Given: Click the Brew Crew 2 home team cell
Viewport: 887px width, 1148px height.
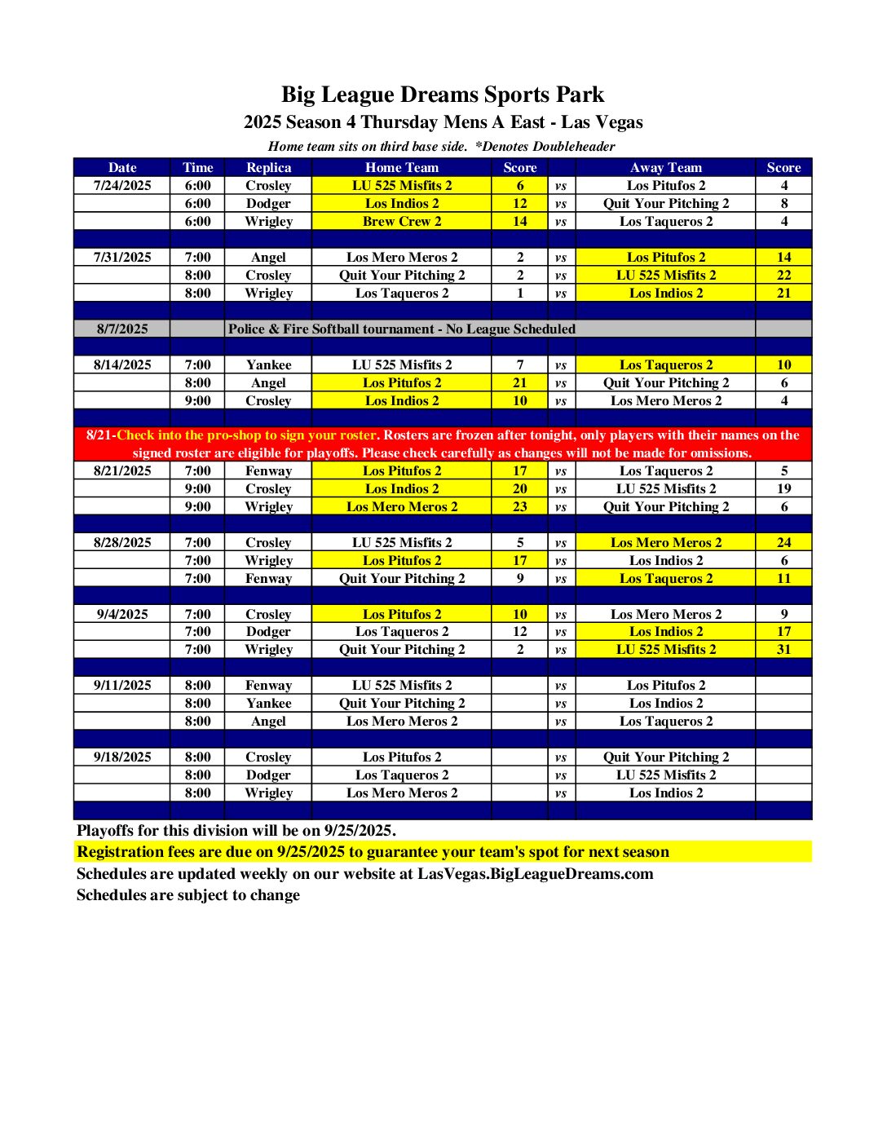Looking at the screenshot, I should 402,221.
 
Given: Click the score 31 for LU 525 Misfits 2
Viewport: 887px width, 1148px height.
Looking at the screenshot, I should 783,650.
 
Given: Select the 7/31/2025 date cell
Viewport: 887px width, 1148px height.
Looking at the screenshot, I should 122,257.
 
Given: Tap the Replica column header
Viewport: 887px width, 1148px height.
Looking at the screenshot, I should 268,167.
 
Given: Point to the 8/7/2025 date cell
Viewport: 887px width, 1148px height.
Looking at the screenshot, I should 122,329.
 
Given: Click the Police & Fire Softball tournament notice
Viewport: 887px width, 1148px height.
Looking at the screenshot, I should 402,329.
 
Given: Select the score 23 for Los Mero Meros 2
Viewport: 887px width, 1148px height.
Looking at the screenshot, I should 520,506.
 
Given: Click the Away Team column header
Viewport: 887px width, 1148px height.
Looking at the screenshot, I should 665,167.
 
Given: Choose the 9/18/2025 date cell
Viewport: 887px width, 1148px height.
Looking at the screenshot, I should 122,757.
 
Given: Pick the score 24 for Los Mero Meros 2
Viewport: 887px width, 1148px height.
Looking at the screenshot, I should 783,542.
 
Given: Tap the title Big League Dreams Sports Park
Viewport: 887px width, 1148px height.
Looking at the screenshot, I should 443,95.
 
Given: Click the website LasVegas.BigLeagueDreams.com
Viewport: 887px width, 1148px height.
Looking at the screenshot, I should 536,873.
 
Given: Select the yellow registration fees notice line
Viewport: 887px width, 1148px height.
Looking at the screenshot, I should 373,852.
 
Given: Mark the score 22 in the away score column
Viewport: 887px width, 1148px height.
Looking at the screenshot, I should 783,275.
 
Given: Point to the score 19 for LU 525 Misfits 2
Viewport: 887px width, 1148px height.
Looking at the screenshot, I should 783,488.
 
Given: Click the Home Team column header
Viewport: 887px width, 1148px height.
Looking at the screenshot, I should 402,167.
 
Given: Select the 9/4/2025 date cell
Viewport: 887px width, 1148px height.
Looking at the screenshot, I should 122,614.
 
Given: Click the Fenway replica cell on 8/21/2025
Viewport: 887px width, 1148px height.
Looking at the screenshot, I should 268,470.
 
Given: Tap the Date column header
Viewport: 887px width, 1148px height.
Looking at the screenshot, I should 122,167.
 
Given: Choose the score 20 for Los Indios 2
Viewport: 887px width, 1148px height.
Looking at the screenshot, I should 520,488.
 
